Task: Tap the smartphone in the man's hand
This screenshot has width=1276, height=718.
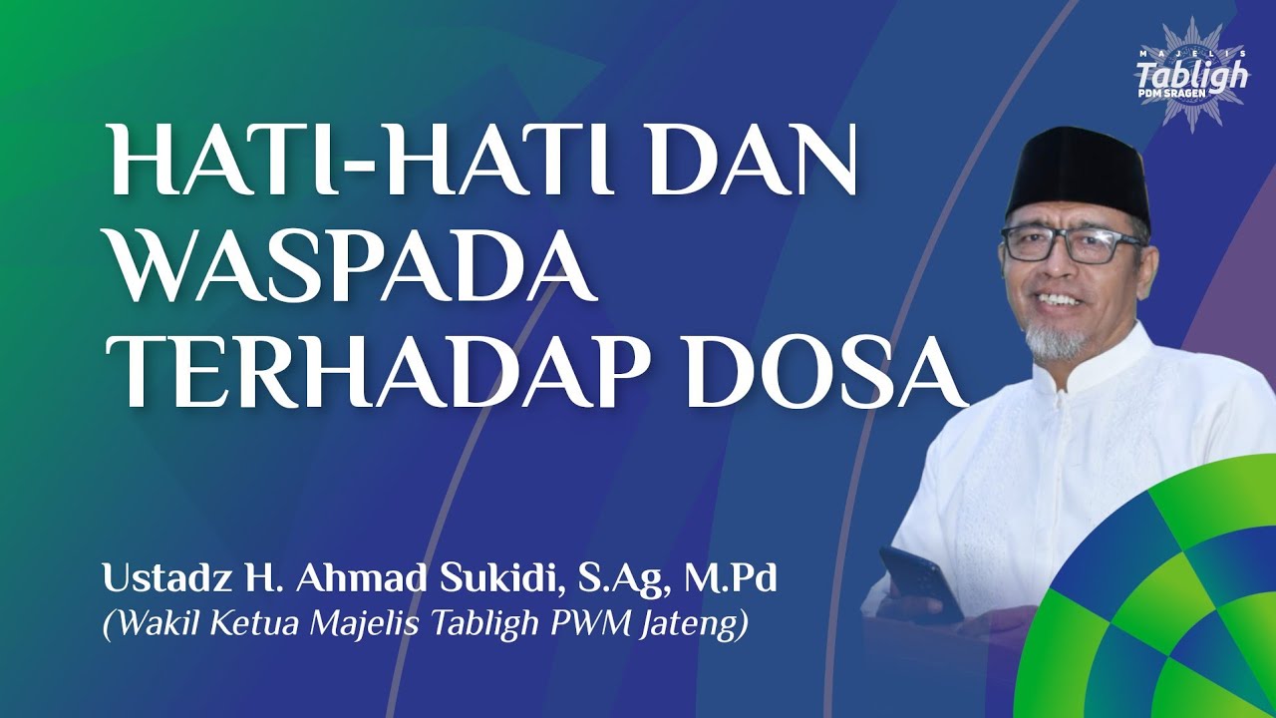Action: [x=919, y=583]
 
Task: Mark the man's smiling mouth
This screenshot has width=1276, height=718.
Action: [x=1059, y=298]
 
